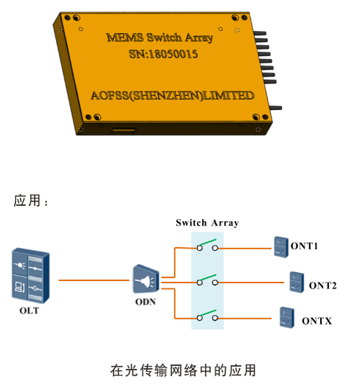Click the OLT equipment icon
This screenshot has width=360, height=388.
[x=31, y=275]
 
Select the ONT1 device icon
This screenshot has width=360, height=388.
[x=281, y=247]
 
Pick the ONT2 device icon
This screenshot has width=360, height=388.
[x=297, y=283]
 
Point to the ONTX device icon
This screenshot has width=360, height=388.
[x=287, y=318]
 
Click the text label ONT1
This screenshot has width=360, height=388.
[x=305, y=246]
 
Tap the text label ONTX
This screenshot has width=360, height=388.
[x=317, y=321]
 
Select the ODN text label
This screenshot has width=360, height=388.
[x=145, y=302]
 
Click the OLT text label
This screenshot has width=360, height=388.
[x=30, y=311]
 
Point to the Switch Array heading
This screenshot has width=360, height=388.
[x=207, y=223]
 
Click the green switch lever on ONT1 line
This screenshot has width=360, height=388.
[x=208, y=242]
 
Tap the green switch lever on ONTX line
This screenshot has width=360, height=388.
[x=208, y=313]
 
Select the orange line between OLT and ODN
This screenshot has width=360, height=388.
[x=94, y=280]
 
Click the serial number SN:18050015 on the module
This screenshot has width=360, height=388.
[x=163, y=54]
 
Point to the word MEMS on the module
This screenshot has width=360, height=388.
[x=125, y=38]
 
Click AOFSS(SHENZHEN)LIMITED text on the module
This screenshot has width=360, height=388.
[x=173, y=96]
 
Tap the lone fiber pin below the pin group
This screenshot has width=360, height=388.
[x=276, y=108]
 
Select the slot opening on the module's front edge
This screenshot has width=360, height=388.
[x=123, y=130]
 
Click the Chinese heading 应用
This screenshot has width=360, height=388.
[x=27, y=200]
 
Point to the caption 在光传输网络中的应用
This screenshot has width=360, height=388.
[x=183, y=370]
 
